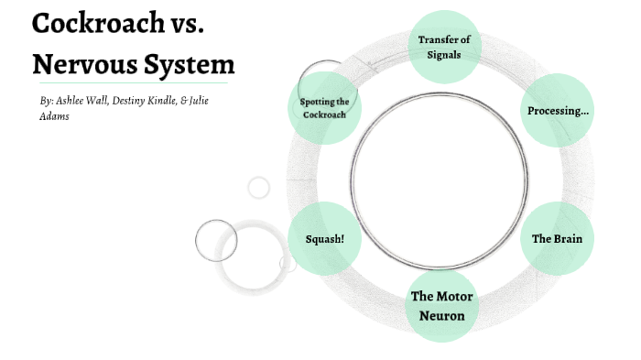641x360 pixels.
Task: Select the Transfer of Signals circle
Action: pos(443,47)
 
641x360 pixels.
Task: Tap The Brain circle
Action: pos(557,239)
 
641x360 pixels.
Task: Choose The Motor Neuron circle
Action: pos(443,306)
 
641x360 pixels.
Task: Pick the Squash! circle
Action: pos(323,239)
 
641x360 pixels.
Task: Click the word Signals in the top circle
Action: pos(443,54)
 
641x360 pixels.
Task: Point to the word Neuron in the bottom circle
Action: pos(443,316)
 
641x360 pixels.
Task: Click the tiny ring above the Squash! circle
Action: pos(259,188)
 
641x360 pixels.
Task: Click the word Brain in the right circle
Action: pos(568,239)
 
